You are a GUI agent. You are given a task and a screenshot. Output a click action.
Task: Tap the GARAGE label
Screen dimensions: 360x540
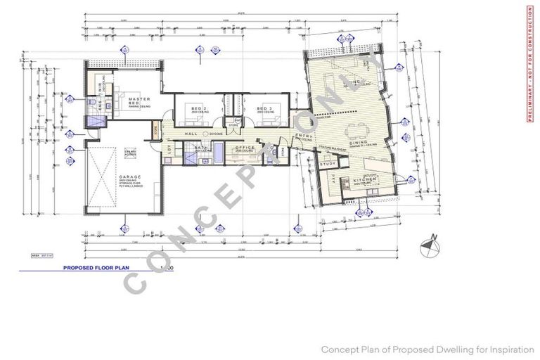129,177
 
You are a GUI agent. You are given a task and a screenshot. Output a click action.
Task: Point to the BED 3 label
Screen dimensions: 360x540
265,109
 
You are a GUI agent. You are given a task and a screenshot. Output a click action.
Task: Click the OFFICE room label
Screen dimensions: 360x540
245,147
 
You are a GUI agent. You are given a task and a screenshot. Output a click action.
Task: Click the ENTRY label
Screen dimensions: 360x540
304,136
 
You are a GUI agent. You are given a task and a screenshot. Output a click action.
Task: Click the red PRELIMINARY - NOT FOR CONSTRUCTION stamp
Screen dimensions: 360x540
529,63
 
